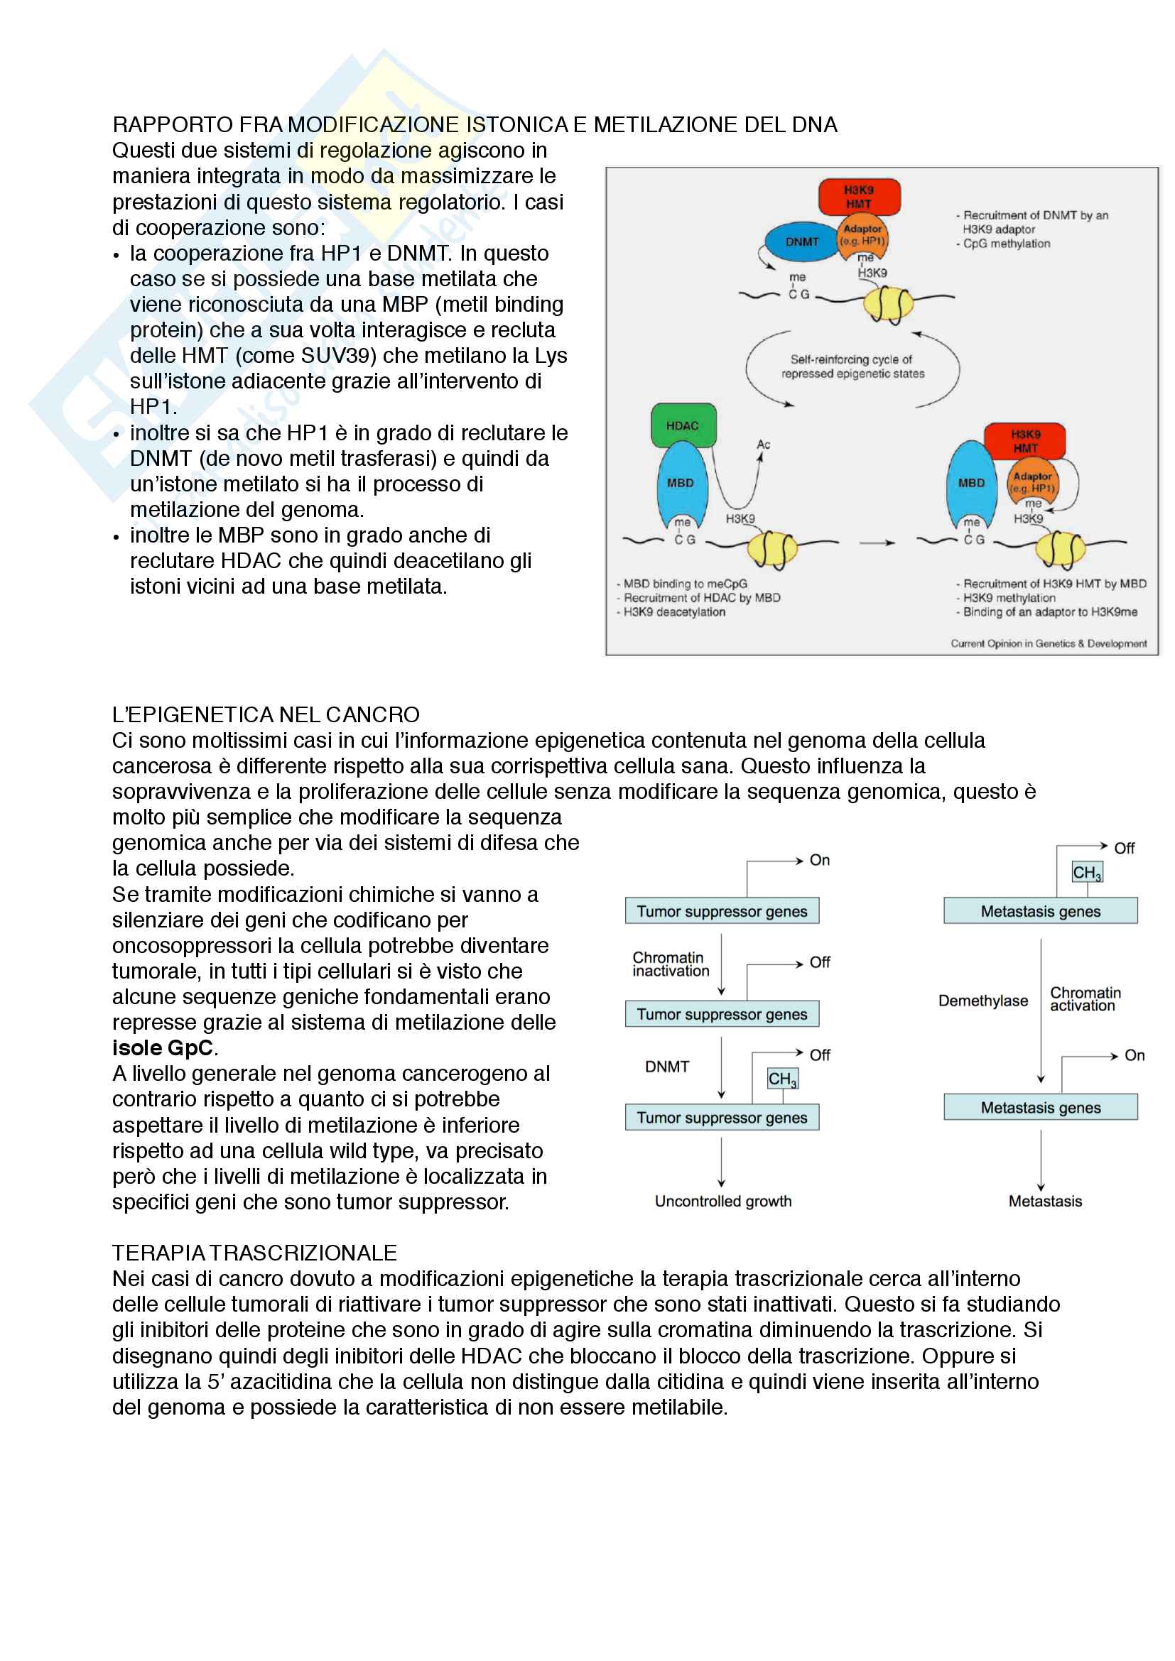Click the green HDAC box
[x=683, y=425]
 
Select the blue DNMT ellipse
[x=801, y=241]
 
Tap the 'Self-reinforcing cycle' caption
[x=852, y=366]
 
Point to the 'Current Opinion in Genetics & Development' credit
[x=1048, y=643]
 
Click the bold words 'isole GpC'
[x=163, y=1047]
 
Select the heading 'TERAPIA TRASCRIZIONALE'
[x=254, y=1252]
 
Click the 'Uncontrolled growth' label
[x=722, y=1201]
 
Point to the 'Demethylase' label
[x=982, y=1001]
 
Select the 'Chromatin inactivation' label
[x=671, y=964]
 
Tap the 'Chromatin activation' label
[x=1085, y=999]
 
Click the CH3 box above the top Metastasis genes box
[x=1087, y=873]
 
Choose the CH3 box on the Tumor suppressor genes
[x=782, y=1079]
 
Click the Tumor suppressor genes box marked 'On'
[x=721, y=911]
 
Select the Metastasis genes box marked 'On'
[x=1040, y=1107]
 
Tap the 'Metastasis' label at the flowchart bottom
[x=1045, y=1201]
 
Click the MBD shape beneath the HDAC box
[x=680, y=484]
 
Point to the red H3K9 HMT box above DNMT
[x=859, y=196]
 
